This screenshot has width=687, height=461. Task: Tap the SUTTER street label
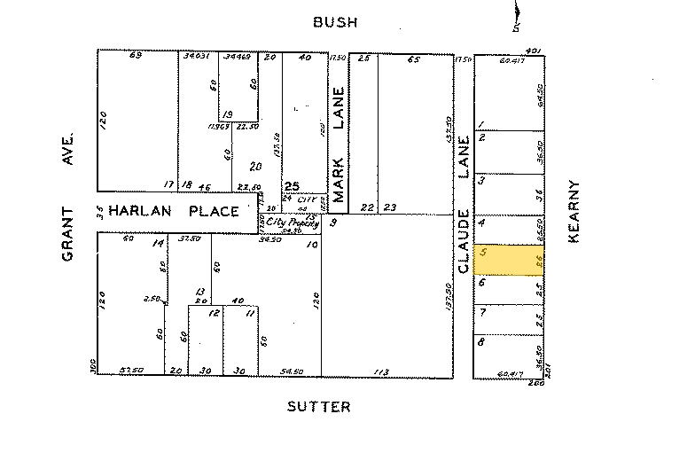(319, 407)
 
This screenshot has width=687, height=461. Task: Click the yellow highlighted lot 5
(509, 261)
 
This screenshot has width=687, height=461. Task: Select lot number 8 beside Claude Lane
(480, 341)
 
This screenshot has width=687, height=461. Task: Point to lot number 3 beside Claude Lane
(481, 180)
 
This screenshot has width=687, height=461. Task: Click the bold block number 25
(291, 187)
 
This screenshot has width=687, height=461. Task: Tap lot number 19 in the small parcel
(227, 115)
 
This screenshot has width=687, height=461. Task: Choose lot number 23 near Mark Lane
(390, 207)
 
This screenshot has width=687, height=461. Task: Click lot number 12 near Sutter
(214, 313)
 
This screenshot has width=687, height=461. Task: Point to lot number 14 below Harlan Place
(158, 243)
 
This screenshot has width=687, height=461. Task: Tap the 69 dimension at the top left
(136, 56)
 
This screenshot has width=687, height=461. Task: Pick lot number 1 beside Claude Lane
(481, 124)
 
